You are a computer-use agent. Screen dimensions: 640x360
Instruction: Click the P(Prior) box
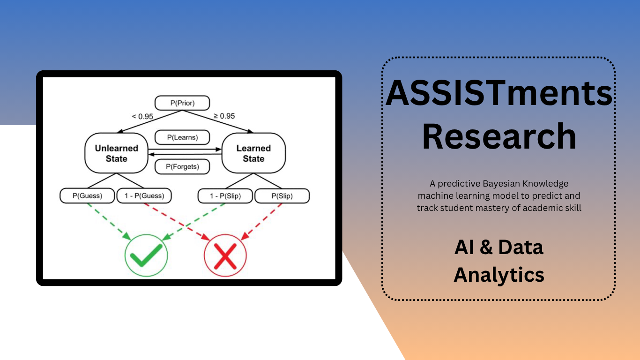click(182, 103)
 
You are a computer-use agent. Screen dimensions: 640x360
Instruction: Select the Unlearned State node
click(116, 153)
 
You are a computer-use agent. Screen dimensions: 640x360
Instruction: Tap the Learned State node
click(253, 153)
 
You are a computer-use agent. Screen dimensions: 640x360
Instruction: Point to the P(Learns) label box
click(182, 137)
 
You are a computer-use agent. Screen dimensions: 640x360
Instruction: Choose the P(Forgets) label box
click(182, 167)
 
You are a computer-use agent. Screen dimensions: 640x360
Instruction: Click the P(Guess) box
click(87, 196)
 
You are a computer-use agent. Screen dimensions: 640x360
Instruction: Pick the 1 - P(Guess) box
click(144, 196)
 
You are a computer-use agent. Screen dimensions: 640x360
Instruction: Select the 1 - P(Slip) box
click(225, 196)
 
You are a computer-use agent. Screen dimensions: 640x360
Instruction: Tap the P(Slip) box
click(282, 196)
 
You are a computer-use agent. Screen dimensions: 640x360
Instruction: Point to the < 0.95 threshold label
click(142, 116)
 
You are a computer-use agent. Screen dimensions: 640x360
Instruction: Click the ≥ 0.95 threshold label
click(224, 116)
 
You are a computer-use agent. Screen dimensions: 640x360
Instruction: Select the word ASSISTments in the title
click(499, 93)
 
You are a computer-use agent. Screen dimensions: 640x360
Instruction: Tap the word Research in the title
click(499, 136)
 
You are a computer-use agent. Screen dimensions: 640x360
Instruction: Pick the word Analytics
click(499, 275)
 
